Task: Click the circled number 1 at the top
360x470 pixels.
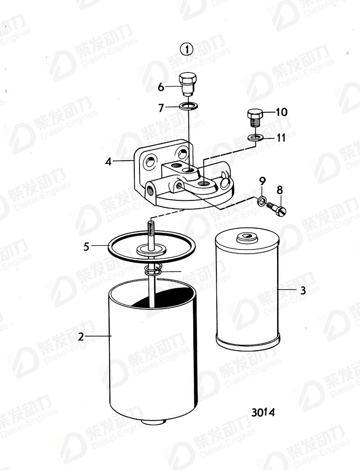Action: click(186, 50)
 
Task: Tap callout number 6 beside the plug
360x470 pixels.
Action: click(161, 87)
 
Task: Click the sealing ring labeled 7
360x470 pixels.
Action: click(188, 106)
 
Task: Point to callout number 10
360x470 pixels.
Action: click(281, 112)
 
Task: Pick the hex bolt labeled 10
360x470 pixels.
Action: click(255, 117)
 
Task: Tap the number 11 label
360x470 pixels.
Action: click(281, 138)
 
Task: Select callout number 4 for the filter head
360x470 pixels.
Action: click(108, 162)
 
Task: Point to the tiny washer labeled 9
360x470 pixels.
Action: click(262, 200)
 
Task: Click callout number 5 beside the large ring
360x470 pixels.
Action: click(86, 246)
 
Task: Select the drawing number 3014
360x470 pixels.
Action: click(263, 412)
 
